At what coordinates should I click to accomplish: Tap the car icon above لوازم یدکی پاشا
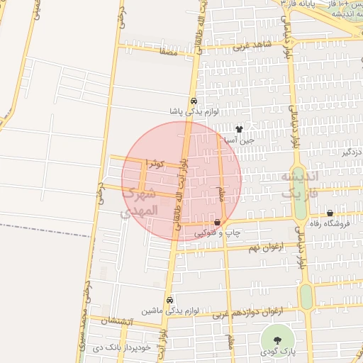coord(194,101)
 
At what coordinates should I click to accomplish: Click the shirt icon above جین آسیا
coord(239,129)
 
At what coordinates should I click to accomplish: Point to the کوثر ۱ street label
coord(155,164)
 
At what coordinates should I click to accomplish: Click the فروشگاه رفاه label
coord(330,225)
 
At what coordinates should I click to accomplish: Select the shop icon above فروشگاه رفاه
coord(330,213)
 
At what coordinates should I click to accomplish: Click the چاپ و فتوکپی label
coord(218,233)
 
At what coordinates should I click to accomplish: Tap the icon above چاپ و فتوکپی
coord(217,223)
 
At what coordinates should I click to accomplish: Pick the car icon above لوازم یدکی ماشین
coord(169,300)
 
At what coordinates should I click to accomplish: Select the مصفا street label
coord(168,52)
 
